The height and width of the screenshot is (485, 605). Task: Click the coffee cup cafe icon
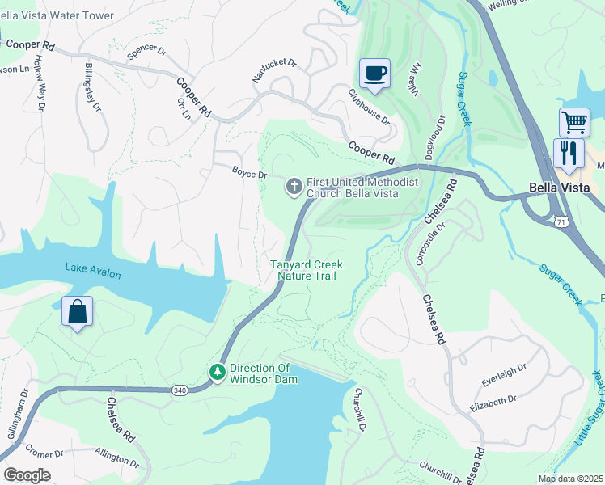374,74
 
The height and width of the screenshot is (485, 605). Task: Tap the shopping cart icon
574,123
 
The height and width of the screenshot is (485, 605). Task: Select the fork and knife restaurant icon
569,153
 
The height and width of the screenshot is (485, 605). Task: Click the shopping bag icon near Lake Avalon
77,311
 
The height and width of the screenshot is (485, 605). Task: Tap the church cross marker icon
294,188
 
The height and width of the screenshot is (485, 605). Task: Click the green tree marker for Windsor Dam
217,372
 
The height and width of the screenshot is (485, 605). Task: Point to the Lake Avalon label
93,271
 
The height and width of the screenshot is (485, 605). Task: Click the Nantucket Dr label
275,70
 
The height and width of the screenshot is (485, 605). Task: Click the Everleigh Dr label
504,372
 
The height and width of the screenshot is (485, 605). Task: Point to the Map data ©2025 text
570,479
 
